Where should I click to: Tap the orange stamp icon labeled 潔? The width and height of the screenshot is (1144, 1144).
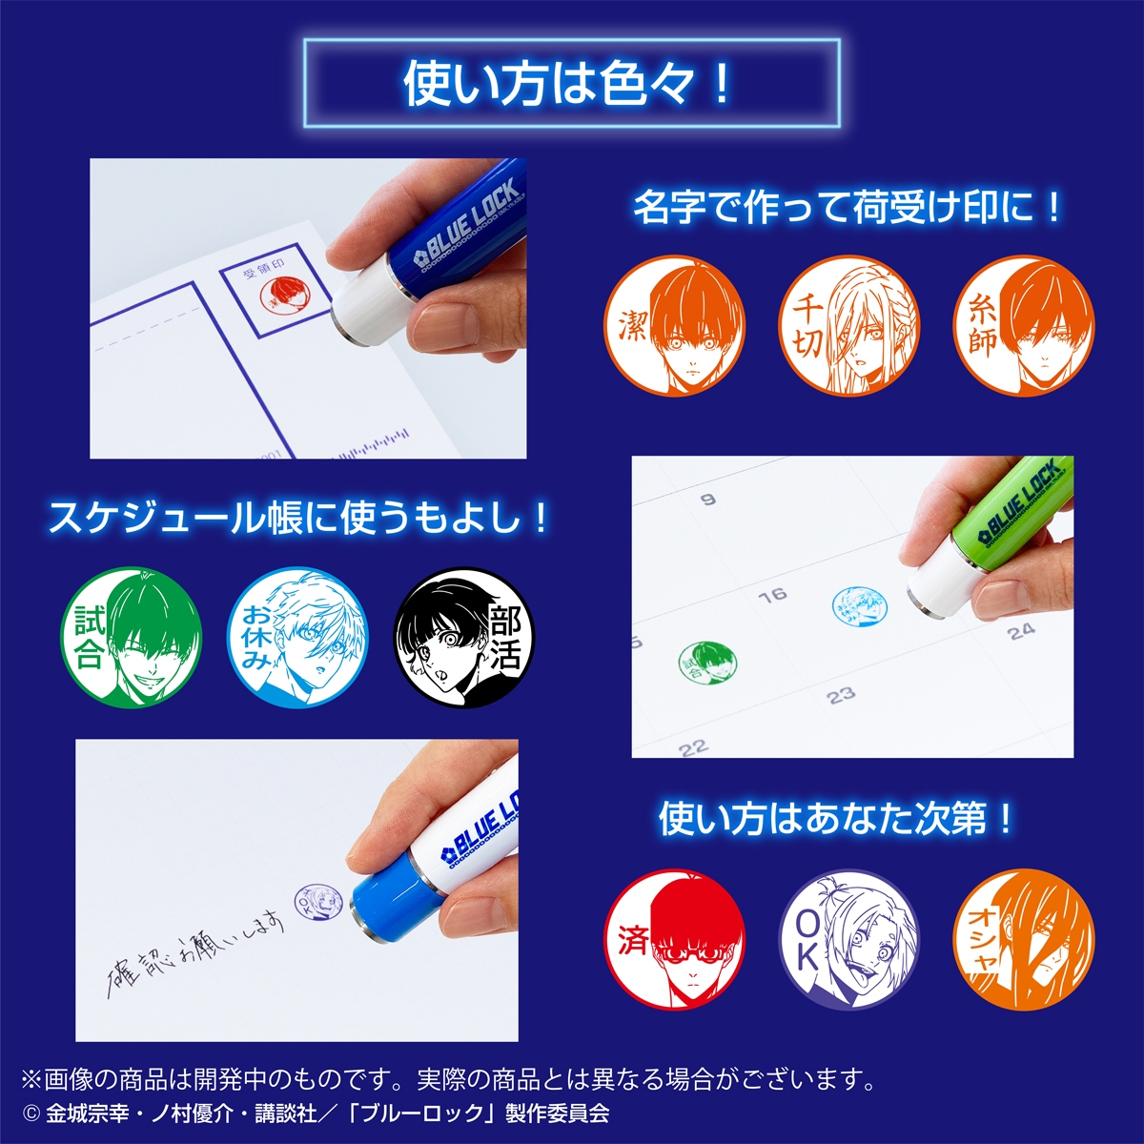click(675, 326)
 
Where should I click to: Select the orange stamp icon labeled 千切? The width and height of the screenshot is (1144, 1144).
click(848, 326)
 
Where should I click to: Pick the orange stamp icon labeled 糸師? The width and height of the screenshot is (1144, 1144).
click(1024, 326)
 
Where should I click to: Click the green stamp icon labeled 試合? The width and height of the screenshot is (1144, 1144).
click(133, 638)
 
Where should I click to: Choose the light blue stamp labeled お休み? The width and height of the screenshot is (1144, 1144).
click(297, 638)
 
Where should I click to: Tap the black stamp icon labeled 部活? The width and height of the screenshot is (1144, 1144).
click(464, 638)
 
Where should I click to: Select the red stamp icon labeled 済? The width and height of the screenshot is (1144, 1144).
click(675, 938)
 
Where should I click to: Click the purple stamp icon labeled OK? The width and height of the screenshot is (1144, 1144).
click(848, 938)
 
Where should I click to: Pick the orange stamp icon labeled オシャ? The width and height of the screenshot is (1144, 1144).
click(1024, 938)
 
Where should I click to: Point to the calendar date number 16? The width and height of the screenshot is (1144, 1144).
click(772, 595)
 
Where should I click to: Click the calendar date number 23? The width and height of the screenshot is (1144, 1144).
click(841, 695)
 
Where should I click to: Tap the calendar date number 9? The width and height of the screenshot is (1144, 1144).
click(707, 500)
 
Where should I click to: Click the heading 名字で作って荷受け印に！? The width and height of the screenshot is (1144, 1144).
click(848, 208)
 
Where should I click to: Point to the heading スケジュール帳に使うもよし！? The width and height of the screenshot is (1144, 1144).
click(298, 519)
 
